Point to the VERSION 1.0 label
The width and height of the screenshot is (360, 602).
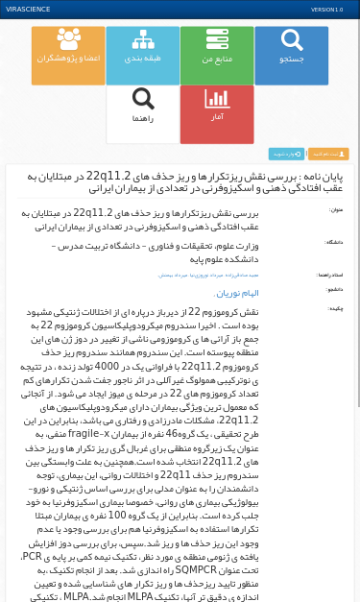pyautogui.click(x=326, y=10)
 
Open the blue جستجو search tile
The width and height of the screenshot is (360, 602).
pyautogui.click(x=291, y=56)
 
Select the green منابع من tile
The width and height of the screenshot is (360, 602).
pyautogui.click(x=217, y=56)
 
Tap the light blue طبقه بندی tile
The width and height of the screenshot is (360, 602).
pyautogui.click(x=142, y=56)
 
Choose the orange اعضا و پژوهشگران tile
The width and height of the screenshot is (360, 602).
pyautogui.click(x=68, y=56)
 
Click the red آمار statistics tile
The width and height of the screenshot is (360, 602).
pyautogui.click(x=217, y=114)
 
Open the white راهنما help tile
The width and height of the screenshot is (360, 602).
pyautogui.click(x=142, y=114)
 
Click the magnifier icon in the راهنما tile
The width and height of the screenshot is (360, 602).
pyautogui.click(x=143, y=99)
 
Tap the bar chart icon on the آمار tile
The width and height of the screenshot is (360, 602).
pyautogui.click(x=217, y=99)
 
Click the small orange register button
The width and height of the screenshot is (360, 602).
pyautogui.click(x=329, y=154)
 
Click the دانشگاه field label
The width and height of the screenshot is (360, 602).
pyautogui.click(x=333, y=243)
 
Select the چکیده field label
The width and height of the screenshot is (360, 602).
pyautogui.click(x=335, y=309)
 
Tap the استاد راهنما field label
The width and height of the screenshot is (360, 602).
pyautogui.click(x=329, y=275)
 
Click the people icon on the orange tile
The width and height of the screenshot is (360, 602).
pyautogui.click(x=68, y=39)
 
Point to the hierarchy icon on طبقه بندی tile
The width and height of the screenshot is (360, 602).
pyautogui.click(x=142, y=39)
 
